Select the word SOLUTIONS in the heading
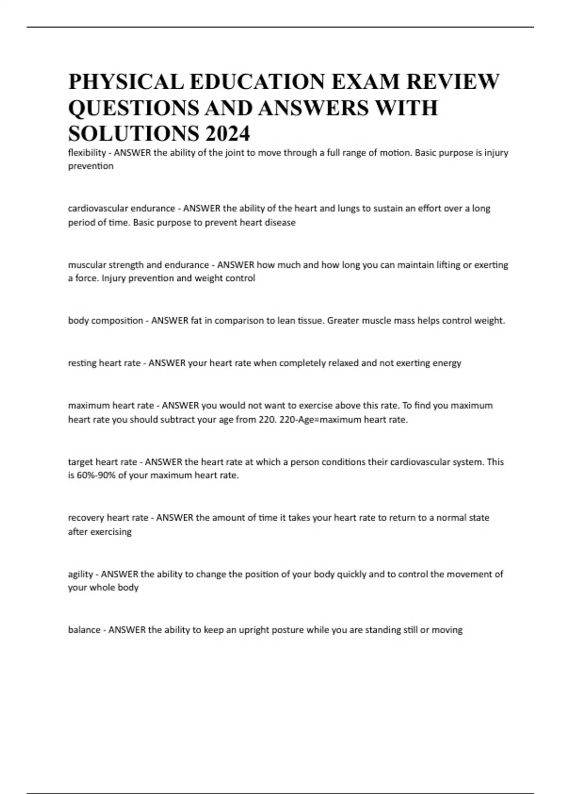click(133, 134)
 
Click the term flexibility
click(87, 153)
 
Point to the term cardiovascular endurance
click(122, 208)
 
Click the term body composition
click(105, 320)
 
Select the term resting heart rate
click(104, 363)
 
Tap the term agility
click(80, 574)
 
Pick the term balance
click(84, 630)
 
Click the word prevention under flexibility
click(91, 166)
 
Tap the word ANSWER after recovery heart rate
click(174, 518)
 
